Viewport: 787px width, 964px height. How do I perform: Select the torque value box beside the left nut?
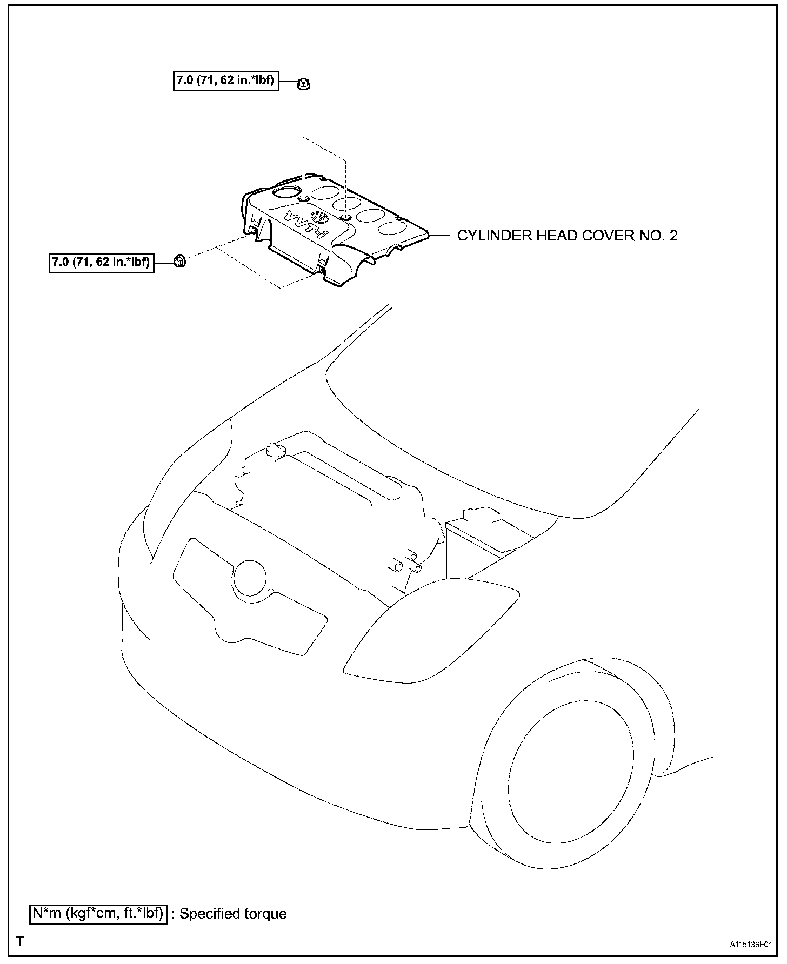pos(102,263)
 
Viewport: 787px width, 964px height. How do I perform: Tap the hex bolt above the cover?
pos(304,84)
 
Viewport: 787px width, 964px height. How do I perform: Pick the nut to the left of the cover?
pos(179,261)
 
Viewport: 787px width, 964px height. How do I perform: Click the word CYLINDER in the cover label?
pos(495,236)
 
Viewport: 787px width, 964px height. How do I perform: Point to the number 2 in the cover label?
pos(672,236)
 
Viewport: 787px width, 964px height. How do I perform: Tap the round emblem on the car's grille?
pos(250,579)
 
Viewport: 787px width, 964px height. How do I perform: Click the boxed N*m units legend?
pos(98,913)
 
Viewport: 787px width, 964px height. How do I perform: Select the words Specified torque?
pos(233,914)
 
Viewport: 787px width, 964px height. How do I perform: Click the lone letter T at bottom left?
pos(20,941)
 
